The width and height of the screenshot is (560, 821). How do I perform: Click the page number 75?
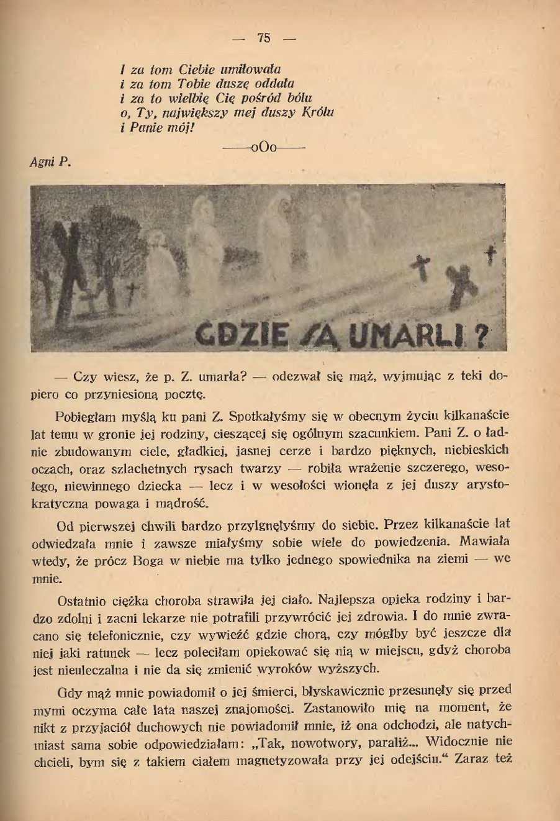[263, 38]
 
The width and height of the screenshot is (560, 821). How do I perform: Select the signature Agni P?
[50, 162]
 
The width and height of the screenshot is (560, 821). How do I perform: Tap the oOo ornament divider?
[263, 148]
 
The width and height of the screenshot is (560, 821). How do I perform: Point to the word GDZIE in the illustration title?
[242, 335]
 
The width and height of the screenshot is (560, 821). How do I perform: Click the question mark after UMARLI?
[480, 336]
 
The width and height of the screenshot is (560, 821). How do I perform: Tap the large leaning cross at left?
[67, 273]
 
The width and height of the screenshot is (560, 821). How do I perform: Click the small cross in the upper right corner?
[491, 255]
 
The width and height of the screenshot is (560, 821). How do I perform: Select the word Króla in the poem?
[318, 112]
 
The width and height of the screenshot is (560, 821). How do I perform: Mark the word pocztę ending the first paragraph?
[183, 394]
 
